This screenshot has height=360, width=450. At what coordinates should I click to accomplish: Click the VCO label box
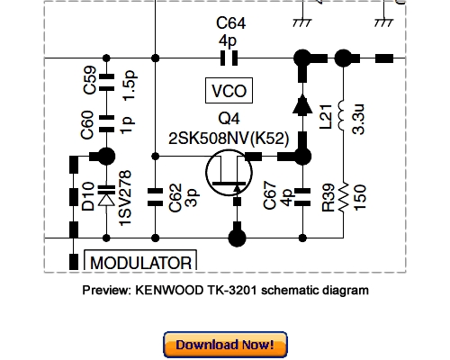(227, 91)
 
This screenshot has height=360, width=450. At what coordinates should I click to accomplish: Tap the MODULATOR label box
(139, 263)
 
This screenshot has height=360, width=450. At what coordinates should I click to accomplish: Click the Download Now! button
(225, 345)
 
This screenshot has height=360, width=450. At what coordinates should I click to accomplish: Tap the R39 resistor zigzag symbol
(342, 205)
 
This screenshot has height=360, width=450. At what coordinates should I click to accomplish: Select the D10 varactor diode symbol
(106, 191)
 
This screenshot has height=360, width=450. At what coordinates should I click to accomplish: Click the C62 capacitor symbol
(156, 191)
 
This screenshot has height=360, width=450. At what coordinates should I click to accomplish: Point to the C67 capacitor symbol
(303, 191)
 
